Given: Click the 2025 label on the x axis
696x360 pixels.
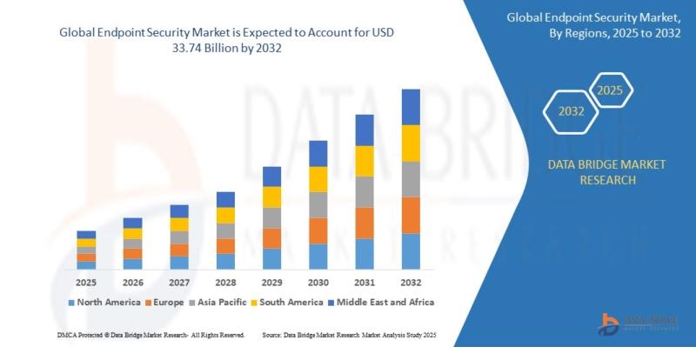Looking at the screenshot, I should pyautogui.click(x=86, y=283).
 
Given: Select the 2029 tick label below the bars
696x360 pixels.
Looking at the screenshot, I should pyautogui.click(x=271, y=283).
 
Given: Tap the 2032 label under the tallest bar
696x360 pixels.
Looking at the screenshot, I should pyautogui.click(x=411, y=283).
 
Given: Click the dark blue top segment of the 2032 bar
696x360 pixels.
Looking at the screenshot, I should pyautogui.click(x=411, y=107).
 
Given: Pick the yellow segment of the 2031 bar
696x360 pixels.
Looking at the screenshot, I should pyautogui.click(x=365, y=161).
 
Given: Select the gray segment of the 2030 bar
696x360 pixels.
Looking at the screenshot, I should pyautogui.click(x=318, y=204).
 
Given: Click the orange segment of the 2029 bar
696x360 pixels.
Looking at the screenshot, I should pyautogui.click(x=271, y=238).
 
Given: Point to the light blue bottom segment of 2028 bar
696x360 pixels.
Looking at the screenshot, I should pyautogui.click(x=225, y=261).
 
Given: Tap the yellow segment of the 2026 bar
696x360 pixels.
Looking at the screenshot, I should pyautogui.click(x=132, y=234).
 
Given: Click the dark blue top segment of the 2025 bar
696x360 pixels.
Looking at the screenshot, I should pyautogui.click(x=86, y=235).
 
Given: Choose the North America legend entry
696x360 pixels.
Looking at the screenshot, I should pyautogui.click(x=105, y=302).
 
